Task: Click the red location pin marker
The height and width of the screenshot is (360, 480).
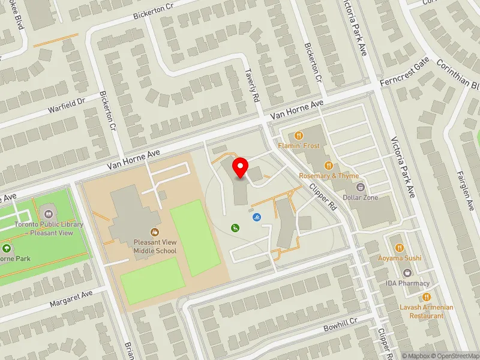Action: point(241,168)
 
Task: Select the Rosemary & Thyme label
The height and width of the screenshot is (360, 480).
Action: point(329,176)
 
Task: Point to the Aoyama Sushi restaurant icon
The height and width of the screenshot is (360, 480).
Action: point(400,247)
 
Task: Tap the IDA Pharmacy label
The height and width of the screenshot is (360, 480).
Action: point(407,283)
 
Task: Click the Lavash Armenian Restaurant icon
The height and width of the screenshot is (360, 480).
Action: point(427,296)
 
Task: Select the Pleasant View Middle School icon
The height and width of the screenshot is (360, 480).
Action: point(155,231)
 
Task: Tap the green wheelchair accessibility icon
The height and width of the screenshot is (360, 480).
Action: point(236,227)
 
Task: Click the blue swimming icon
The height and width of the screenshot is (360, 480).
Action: point(257,217)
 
